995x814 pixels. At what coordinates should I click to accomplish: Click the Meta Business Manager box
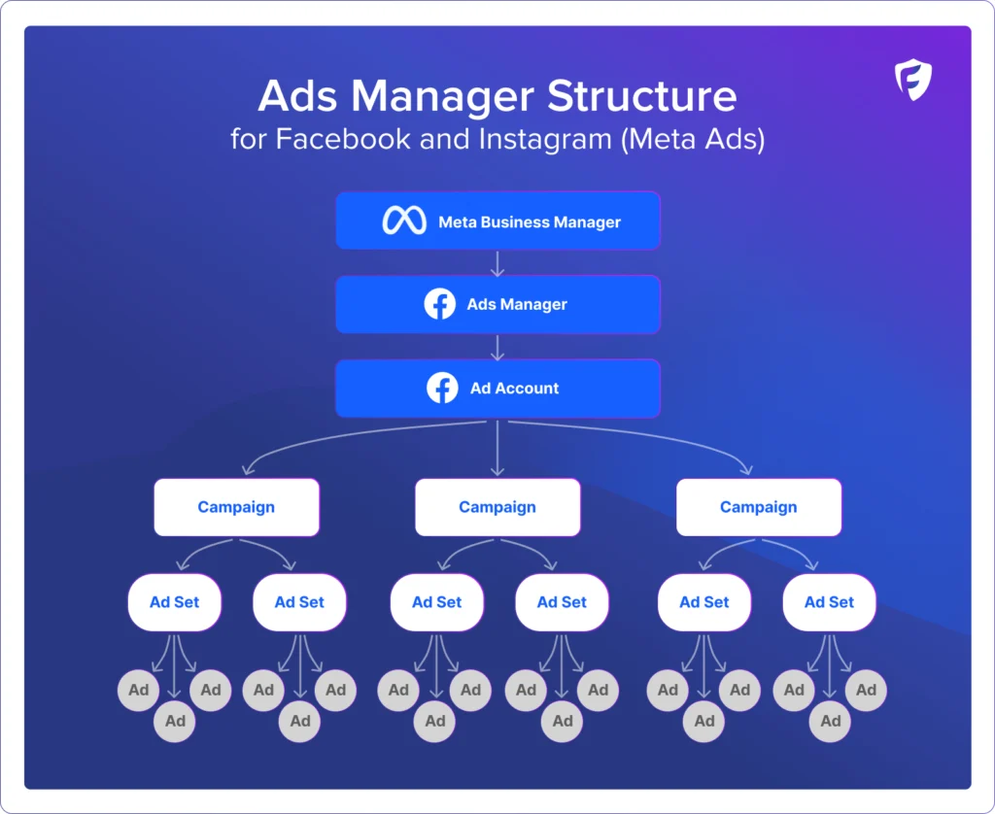[x=497, y=221]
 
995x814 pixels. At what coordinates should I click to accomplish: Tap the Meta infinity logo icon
[x=404, y=221]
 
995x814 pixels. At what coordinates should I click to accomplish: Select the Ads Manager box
[x=497, y=304]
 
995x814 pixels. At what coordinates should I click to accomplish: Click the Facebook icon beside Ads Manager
[x=440, y=304]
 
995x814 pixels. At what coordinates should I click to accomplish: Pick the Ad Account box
[x=497, y=388]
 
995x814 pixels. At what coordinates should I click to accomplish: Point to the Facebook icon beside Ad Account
[x=442, y=388]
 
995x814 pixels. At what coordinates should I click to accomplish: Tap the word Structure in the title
[x=641, y=97]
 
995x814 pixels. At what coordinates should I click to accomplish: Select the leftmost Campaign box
[x=236, y=507]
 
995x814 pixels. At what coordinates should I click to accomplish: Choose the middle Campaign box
[x=497, y=507]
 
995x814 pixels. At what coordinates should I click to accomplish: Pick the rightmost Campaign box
[x=758, y=507]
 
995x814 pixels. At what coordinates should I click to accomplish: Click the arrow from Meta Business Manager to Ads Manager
[x=497, y=263]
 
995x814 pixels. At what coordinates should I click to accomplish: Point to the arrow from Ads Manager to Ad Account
[x=497, y=347]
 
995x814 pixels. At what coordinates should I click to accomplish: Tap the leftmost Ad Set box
[x=174, y=602]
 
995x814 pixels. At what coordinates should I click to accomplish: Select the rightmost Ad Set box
[x=829, y=602]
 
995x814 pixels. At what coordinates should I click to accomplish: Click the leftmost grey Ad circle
[x=139, y=691]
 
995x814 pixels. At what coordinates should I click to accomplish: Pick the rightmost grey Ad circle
[x=866, y=691]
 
